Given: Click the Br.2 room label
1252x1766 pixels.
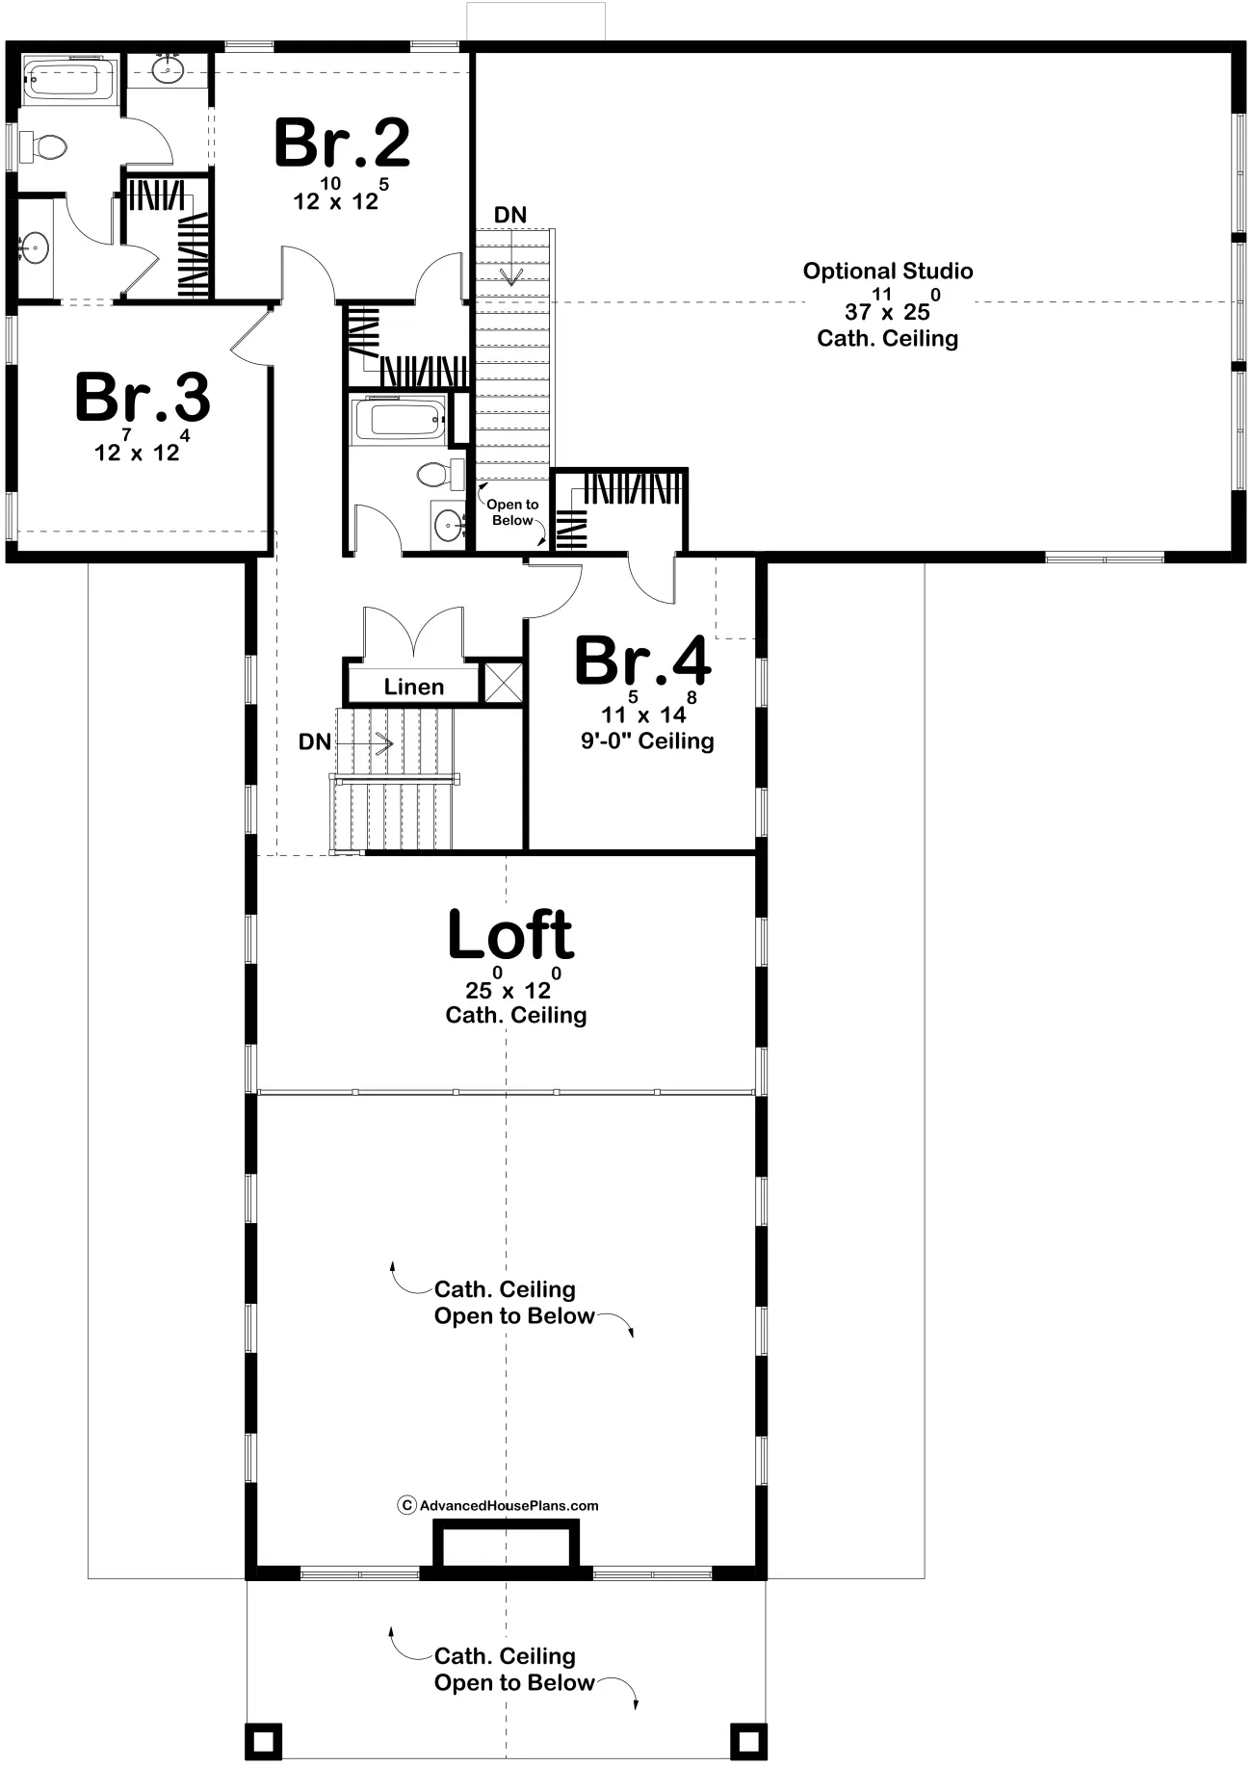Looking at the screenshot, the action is tap(343, 143).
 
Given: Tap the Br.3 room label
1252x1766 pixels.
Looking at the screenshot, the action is tap(143, 397).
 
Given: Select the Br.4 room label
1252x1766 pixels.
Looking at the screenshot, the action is tap(642, 661).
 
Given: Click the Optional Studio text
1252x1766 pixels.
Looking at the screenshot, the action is tap(888, 272).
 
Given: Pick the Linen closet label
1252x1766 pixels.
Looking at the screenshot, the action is tap(414, 687).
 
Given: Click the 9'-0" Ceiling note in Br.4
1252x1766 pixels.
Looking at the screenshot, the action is tap(647, 740).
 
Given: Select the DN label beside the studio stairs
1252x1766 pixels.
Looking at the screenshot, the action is tap(510, 215).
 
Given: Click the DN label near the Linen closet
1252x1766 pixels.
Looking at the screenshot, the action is tap(315, 741).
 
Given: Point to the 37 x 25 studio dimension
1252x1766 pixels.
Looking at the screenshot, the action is tap(888, 306).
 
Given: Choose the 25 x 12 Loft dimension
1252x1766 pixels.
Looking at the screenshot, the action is tap(510, 984).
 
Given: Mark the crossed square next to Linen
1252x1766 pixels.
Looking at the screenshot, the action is tap(503, 682).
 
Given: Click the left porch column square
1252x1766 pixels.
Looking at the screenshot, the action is tap(264, 1739).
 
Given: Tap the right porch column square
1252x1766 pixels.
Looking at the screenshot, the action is tap(748, 1739).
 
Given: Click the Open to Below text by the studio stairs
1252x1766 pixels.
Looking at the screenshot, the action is tap(512, 512).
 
